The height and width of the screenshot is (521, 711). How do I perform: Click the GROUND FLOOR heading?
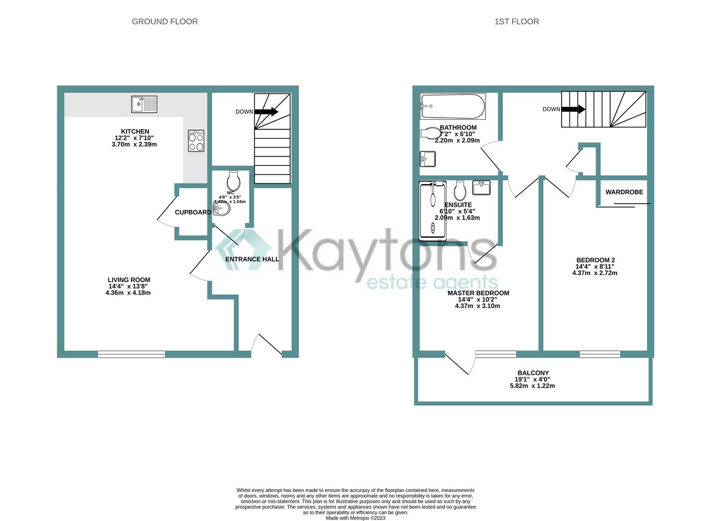pyautogui.click(x=165, y=22)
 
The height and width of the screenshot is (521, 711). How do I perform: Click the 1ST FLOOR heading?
pyautogui.click(x=516, y=22)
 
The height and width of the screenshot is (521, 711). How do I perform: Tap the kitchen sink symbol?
pyautogui.click(x=144, y=104)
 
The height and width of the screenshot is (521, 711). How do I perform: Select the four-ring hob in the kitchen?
pyautogui.click(x=196, y=141)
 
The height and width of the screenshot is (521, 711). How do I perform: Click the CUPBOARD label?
pyautogui.click(x=193, y=212)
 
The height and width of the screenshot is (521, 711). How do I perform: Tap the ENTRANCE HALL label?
pyautogui.click(x=252, y=259)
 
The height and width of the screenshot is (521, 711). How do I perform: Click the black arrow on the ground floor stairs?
pyautogui.click(x=266, y=112)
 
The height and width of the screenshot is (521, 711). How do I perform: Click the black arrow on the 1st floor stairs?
pyautogui.click(x=573, y=110)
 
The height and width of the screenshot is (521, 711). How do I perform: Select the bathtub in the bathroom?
pyautogui.click(x=453, y=107)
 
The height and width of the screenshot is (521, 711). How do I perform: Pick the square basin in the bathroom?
pyautogui.click(x=428, y=158)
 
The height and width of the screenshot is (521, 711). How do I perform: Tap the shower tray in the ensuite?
pyautogui.click(x=433, y=211)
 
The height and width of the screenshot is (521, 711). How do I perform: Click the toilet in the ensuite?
pyautogui.click(x=460, y=191)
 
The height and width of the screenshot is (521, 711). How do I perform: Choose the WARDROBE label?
pyautogui.click(x=624, y=192)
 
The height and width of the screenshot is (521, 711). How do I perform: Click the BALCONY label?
pyautogui.click(x=533, y=373)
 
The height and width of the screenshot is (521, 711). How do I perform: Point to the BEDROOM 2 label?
pyautogui.click(x=595, y=260)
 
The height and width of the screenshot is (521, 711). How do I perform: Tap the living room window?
pyautogui.click(x=132, y=355)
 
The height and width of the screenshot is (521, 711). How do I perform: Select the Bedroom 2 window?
pyautogui.click(x=600, y=355)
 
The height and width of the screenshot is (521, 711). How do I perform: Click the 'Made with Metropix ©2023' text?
pyautogui.click(x=355, y=518)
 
